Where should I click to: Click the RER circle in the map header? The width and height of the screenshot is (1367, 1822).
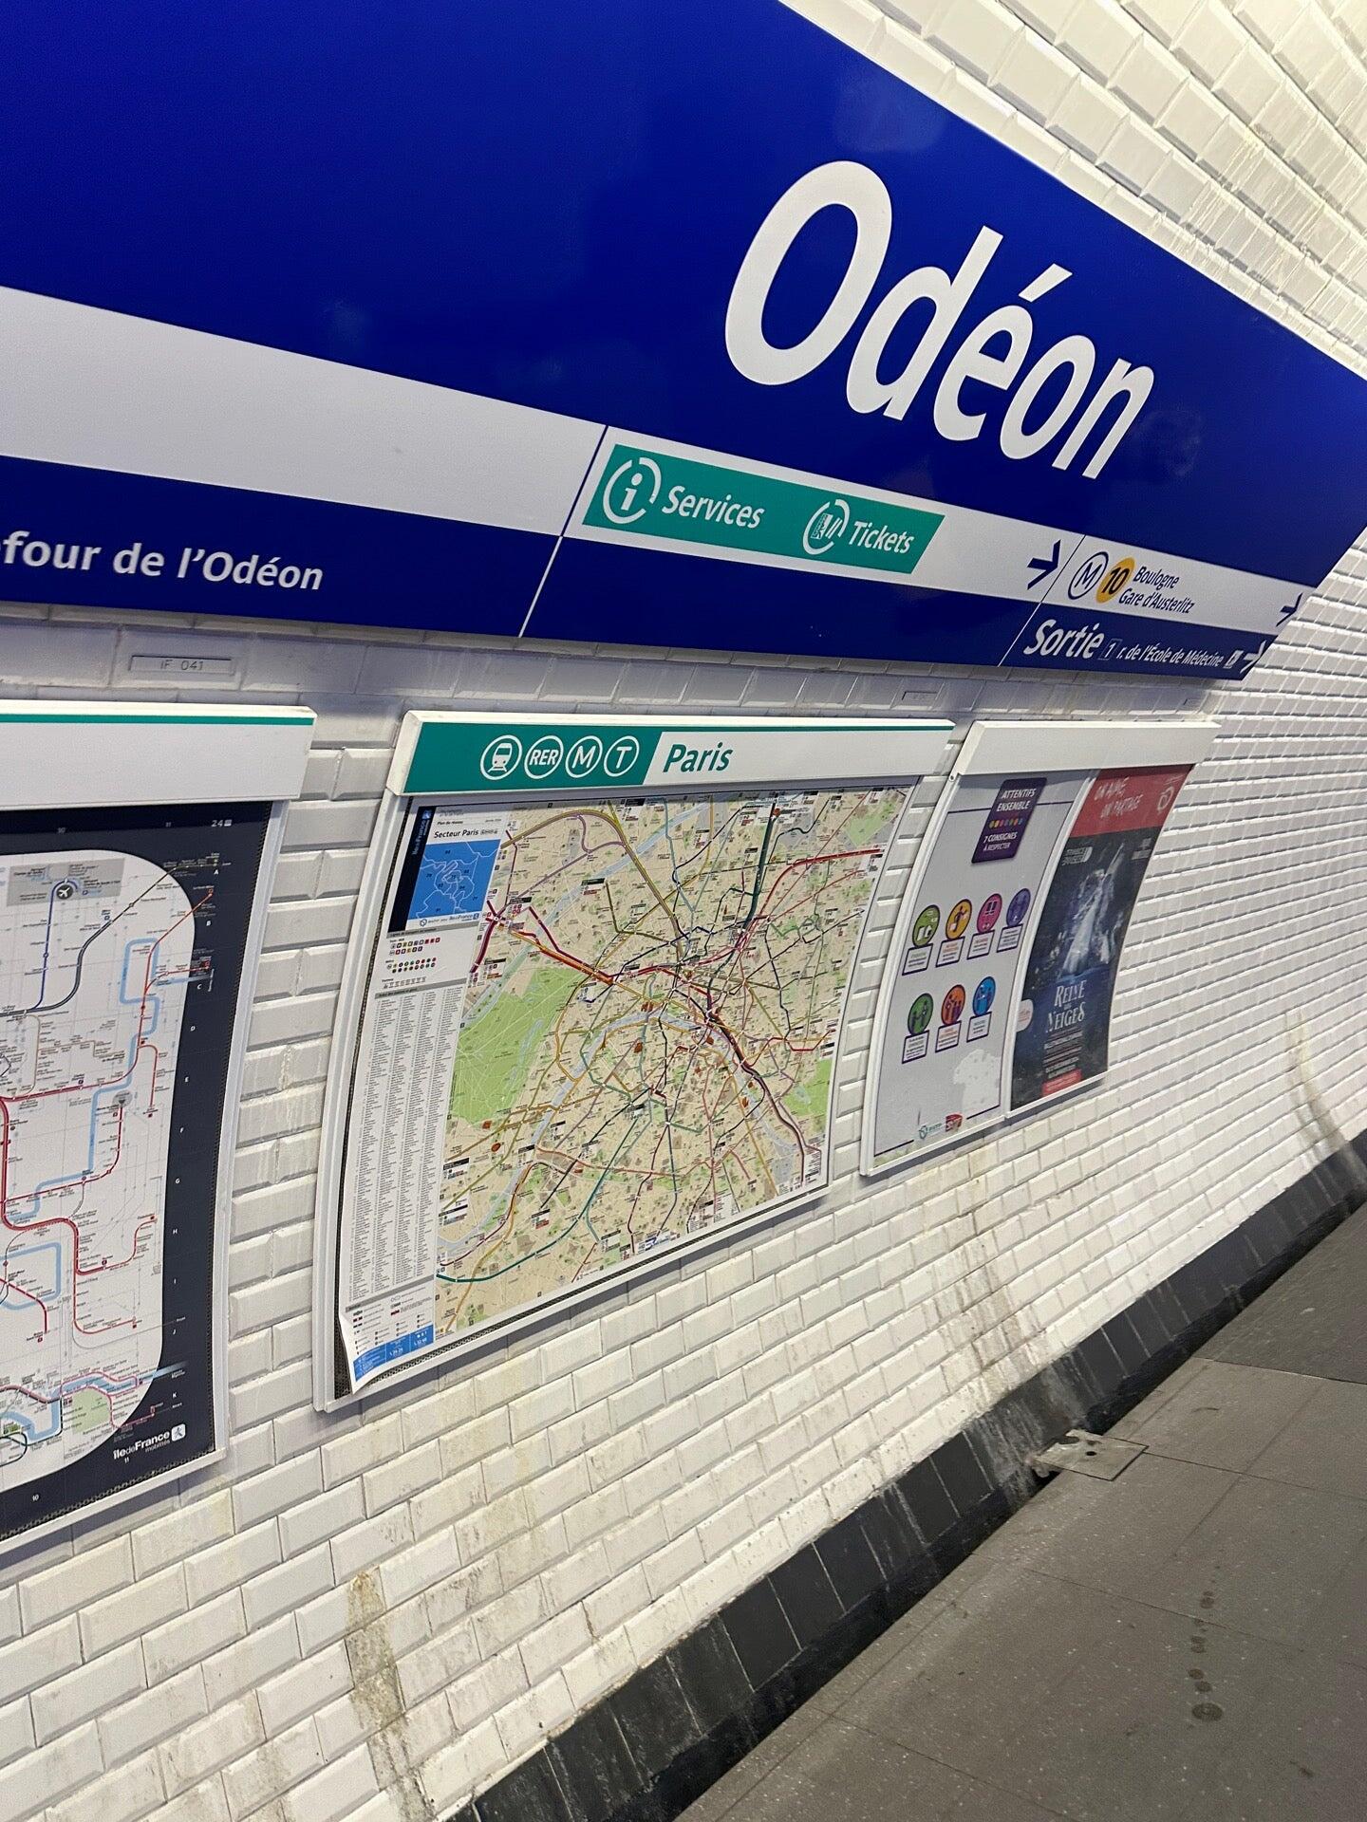(544, 757)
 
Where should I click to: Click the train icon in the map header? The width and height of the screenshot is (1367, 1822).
(499, 757)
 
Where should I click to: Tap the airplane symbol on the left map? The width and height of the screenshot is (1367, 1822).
(63, 891)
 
